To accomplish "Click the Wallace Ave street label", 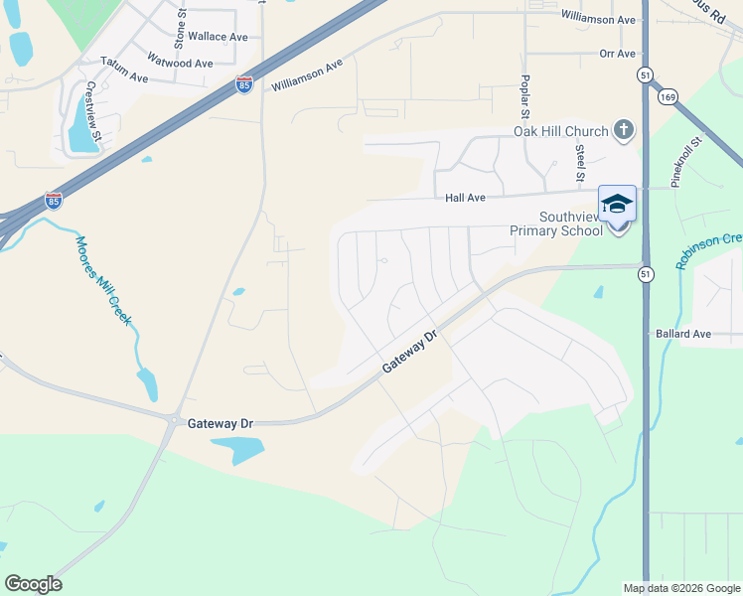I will coord(218,36).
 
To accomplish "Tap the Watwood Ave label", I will coord(180,63).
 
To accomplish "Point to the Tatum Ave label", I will coord(124,76).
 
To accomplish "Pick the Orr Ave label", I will coord(617,54).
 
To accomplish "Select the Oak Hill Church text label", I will coord(559,130).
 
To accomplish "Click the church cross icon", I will coord(623,129).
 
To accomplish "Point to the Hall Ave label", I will coord(465,198).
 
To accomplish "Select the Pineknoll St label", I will coord(686,162).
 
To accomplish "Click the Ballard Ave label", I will coord(683,334).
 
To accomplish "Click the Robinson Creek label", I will coord(708,250).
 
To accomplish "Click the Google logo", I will coord(33,584).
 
